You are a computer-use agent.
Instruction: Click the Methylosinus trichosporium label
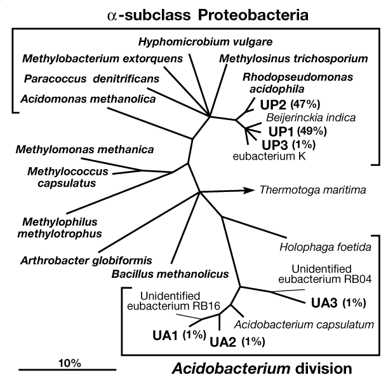(293, 59)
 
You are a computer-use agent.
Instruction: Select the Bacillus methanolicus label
(170, 274)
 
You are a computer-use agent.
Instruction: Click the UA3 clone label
(323, 302)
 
